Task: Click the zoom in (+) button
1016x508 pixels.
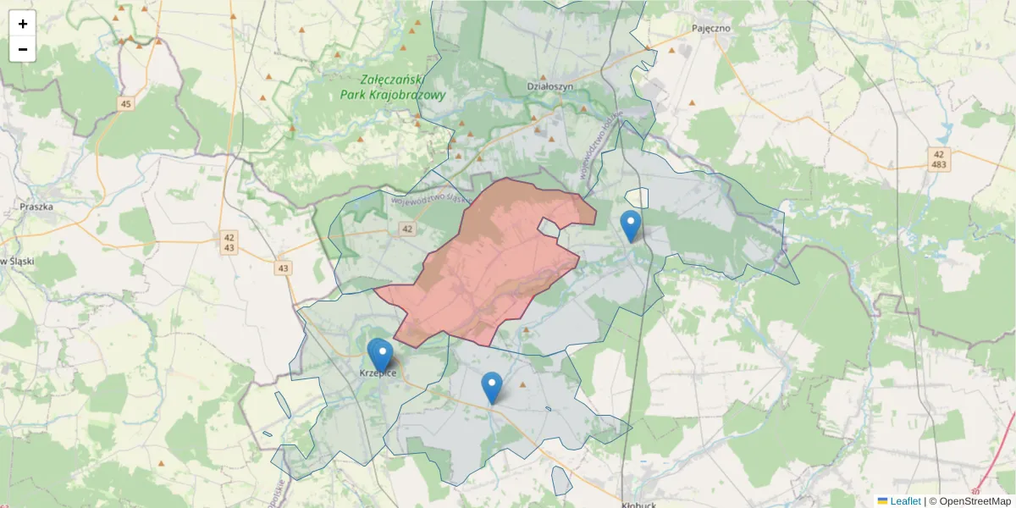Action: tap(23, 24)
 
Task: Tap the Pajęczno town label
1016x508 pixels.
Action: tap(710, 28)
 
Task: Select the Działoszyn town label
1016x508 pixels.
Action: tap(550, 86)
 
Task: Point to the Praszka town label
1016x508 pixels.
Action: tap(36, 206)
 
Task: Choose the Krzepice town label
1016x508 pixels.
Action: tap(378, 373)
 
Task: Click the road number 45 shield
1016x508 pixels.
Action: tap(126, 104)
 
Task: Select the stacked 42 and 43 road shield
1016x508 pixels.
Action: tap(229, 242)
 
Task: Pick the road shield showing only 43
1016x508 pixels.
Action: tap(283, 268)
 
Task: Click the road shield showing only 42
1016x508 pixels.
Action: tap(407, 229)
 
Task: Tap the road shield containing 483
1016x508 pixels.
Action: tap(938, 159)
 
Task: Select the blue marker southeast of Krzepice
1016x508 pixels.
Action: tap(491, 387)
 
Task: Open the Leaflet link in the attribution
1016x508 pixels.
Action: tap(904, 501)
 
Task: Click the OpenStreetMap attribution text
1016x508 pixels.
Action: tap(975, 501)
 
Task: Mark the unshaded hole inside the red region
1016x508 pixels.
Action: tap(550, 228)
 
